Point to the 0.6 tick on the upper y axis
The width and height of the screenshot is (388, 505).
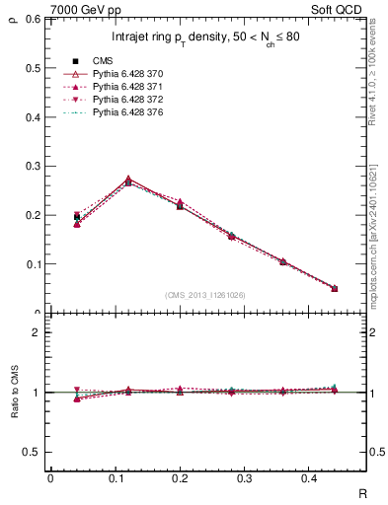click(33, 19)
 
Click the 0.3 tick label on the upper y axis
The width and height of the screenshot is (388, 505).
click(33, 166)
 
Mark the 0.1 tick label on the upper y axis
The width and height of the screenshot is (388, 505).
click(33, 264)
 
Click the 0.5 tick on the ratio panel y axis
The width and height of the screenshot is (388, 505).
click(33, 452)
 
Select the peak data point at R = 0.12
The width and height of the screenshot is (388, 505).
click(128, 182)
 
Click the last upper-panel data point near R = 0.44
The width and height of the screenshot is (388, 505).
click(334, 288)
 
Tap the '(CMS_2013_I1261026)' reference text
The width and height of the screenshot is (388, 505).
click(207, 295)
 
